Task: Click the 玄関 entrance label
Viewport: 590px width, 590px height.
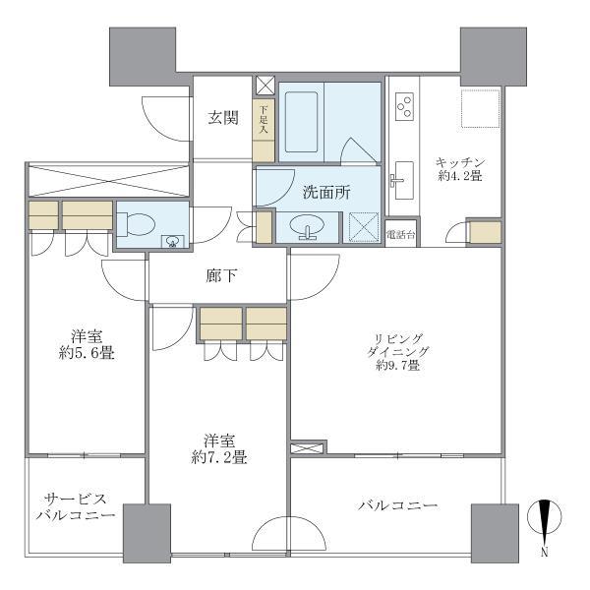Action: click(x=222, y=118)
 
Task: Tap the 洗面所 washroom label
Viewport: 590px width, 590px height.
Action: click(x=325, y=194)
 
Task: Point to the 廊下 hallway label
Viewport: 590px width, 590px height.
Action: click(x=220, y=276)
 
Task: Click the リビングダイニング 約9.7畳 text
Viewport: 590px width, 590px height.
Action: click(x=397, y=349)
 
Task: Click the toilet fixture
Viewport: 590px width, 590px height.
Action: click(x=137, y=224)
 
